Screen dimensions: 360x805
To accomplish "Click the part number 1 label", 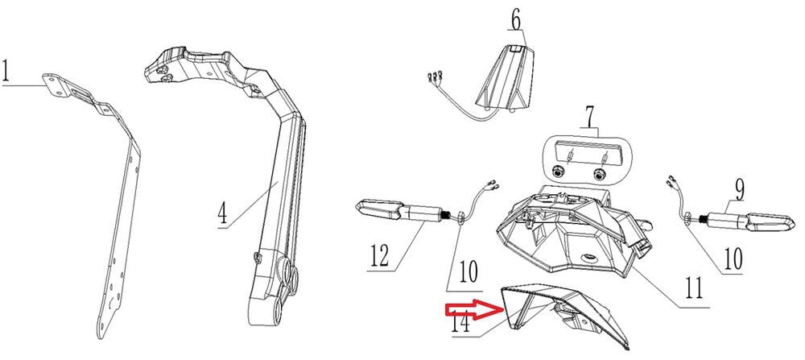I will coord(8,72).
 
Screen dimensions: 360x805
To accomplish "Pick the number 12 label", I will coord(380,256).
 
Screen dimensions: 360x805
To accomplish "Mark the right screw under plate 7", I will coord(597,173).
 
